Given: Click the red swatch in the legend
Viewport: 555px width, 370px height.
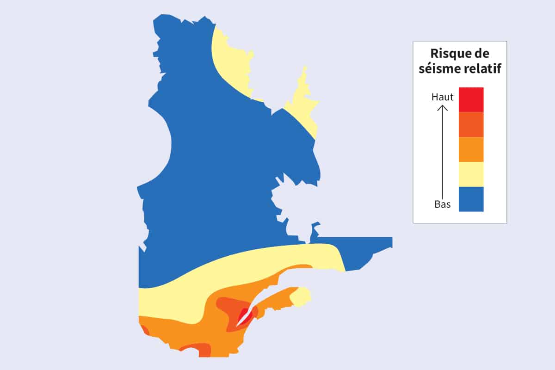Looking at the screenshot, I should click(x=471, y=99).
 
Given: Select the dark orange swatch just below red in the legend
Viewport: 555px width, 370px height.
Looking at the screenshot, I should click(x=471, y=124).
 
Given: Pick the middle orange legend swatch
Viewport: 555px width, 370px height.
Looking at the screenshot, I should click(x=471, y=149).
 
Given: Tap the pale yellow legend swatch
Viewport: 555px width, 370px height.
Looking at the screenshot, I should click(x=471, y=174).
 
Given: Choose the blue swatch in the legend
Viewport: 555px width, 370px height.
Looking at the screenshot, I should click(x=471, y=199).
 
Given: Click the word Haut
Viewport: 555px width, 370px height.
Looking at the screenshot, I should click(x=442, y=97).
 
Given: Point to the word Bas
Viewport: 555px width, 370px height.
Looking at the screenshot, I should click(x=442, y=204).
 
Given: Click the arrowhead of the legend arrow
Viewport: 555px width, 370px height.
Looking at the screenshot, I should click(x=443, y=108).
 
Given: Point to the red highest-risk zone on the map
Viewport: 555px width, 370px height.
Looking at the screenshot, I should click(x=242, y=317).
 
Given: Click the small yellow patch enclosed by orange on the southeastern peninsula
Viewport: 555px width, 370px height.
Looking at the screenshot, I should click(x=301, y=296).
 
